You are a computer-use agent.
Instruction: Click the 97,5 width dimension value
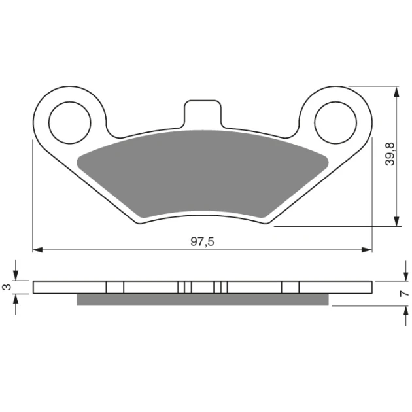pos(202,241)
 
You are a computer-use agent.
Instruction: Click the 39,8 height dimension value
pos(390,154)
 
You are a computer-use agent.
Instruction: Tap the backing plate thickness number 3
pos(8,287)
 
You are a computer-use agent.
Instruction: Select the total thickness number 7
pos(405,293)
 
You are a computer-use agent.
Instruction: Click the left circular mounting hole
pos(69,123)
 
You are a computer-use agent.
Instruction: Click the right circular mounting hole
pos(335,123)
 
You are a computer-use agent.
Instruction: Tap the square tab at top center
pos(203,114)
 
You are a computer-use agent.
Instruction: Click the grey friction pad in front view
pos(203,174)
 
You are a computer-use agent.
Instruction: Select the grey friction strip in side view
pos(203,300)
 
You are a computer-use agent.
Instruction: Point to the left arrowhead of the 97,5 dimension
pos(37,250)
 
